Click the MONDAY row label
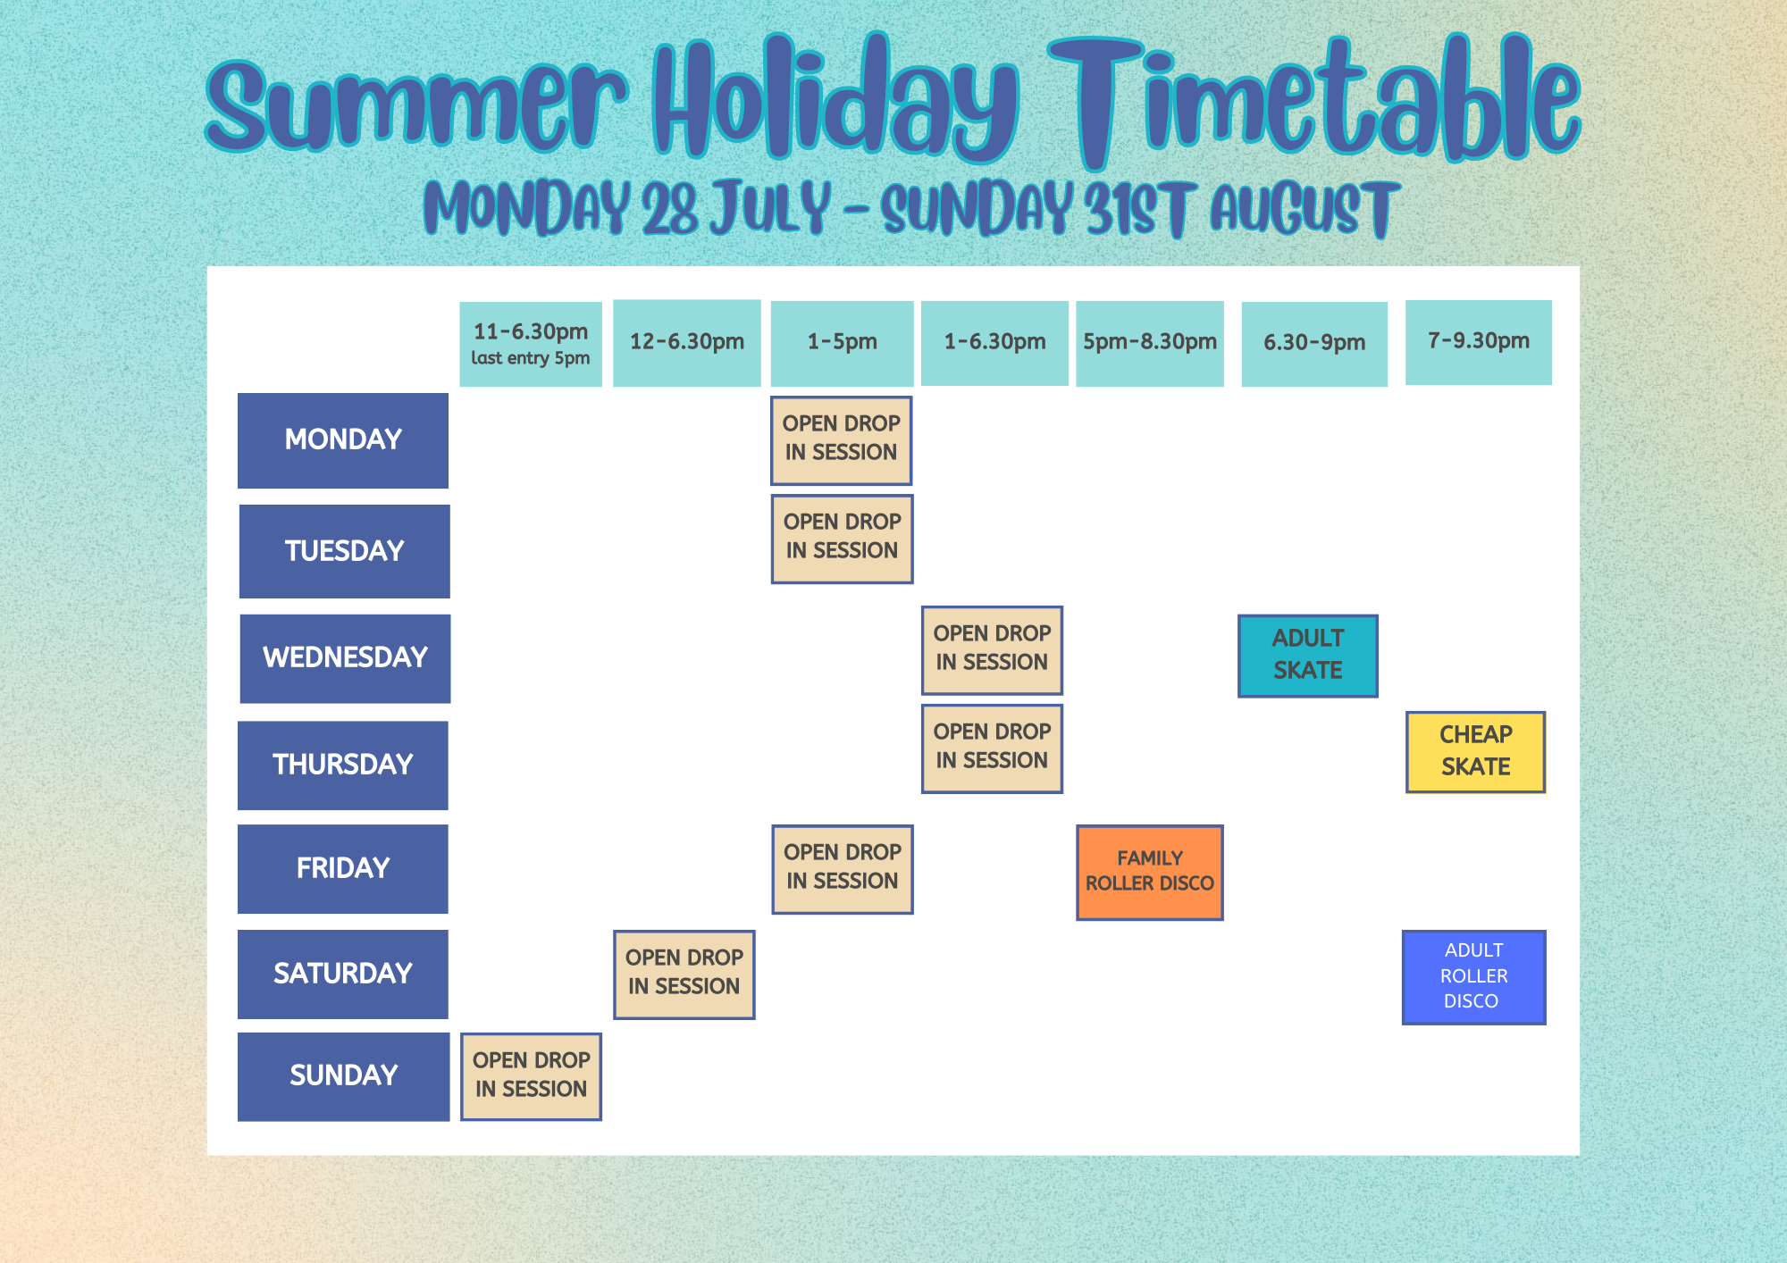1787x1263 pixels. pos(343,440)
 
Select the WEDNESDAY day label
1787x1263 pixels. pos(345,658)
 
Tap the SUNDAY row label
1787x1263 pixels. pos(343,1076)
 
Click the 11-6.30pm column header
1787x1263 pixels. pos(531,344)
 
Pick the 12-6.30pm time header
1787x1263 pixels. pos(687,343)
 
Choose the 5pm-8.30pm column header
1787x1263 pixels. pos(1150,343)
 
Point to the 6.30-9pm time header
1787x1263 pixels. pos(1314,344)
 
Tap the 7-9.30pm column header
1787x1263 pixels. pos(1479,342)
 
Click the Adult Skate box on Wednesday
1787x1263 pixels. pos(1308,656)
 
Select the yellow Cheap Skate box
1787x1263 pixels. pos(1476,752)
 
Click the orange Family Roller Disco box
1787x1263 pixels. pos(1150,873)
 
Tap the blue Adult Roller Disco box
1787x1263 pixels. pos(1474,977)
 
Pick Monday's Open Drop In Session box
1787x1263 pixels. pos(842,440)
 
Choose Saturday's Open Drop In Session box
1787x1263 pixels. pos(684,974)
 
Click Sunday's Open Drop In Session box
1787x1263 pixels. pos(532,1076)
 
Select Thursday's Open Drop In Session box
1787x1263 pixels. pos(992,749)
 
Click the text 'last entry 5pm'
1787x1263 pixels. pos(531,358)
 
